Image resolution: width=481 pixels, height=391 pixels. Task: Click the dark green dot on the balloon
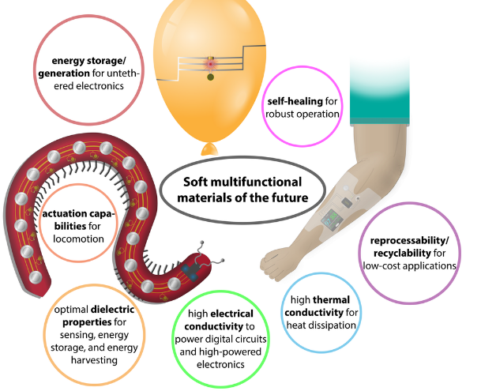(x=210, y=77)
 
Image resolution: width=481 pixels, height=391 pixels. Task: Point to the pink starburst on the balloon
(x=210, y=62)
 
